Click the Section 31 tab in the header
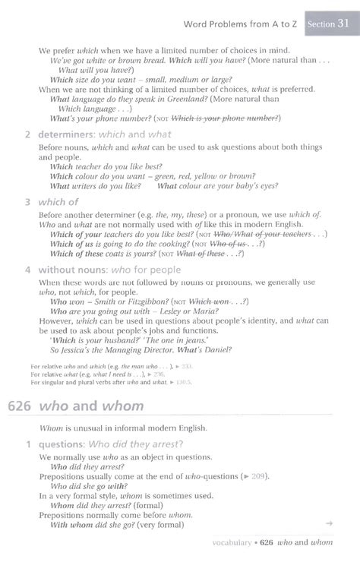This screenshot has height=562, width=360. click(x=328, y=24)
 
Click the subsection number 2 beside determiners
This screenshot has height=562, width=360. click(x=27, y=134)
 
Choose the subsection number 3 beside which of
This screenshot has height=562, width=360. click(x=27, y=203)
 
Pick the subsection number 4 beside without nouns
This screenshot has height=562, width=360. click(x=27, y=270)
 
